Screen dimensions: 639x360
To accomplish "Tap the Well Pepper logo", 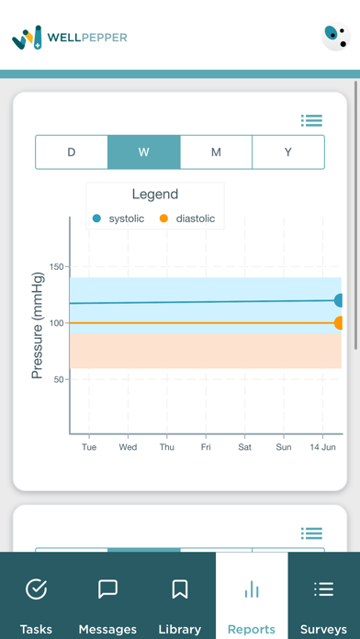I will pos(69,37).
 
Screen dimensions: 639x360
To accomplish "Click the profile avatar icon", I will pos(336,37).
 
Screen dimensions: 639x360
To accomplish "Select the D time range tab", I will pos(72,152).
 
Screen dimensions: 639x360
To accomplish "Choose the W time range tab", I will pos(144,152).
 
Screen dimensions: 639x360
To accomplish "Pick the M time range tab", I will pos(216,152).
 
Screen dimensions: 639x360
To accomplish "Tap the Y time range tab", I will pos(287,152).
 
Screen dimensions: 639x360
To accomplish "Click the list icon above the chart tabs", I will pos(311,120).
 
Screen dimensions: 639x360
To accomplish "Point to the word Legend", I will pos(155,195).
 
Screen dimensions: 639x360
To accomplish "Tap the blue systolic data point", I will pos(340,300).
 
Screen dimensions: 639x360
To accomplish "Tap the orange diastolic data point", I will pos(340,323).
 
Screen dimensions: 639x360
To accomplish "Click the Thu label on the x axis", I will pos(167,447).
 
